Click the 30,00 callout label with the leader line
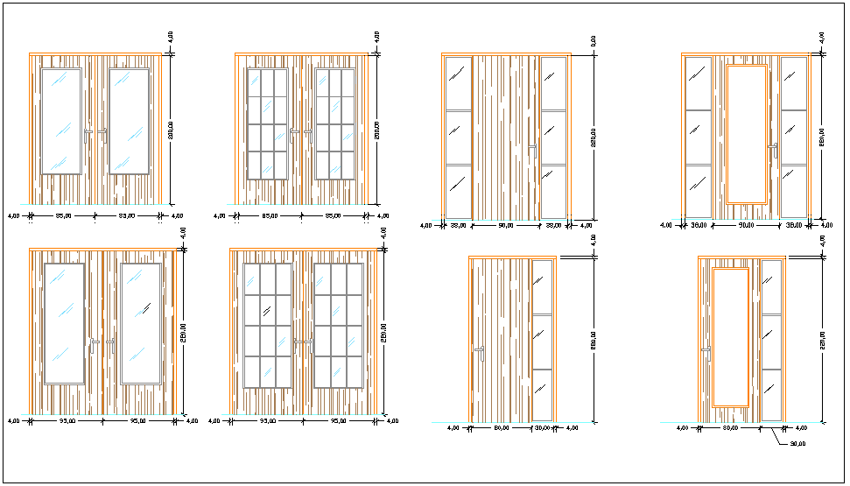[797, 444]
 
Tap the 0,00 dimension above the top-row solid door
[593, 41]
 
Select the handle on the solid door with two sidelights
[531, 151]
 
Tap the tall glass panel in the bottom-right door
[730, 336]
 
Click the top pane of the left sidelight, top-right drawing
[699, 82]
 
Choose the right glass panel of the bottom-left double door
[142, 324]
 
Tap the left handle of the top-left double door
[88, 133]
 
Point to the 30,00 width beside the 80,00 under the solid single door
[544, 428]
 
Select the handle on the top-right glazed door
[772, 150]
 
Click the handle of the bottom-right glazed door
[706, 349]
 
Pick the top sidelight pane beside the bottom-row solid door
[543, 286]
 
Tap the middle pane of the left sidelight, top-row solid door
[459, 137]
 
